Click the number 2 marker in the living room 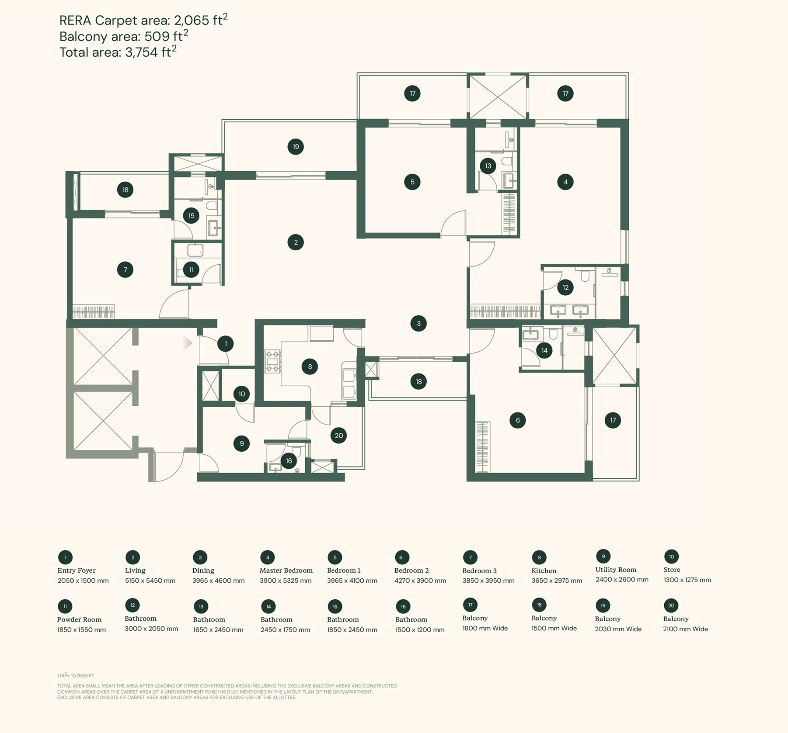tap(296, 242)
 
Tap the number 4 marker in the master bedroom tap(565, 182)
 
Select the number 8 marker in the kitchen tap(310, 366)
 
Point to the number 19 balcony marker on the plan tap(296, 147)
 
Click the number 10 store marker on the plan tap(241, 394)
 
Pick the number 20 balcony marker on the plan tap(338, 436)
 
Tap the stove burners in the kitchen tap(272, 361)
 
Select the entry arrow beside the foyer tap(187, 343)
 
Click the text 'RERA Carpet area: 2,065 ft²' tap(143, 20)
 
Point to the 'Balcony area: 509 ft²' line tap(124, 36)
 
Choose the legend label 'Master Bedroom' tap(286, 570)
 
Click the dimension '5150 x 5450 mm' tap(150, 581)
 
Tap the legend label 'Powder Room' tap(79, 619)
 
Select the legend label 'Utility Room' tap(616, 570)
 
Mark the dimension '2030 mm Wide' tap(618, 629)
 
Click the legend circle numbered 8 tap(539, 557)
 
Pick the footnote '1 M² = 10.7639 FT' tap(76, 675)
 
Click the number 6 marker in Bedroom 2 tap(517, 420)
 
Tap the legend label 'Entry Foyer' tap(77, 570)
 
